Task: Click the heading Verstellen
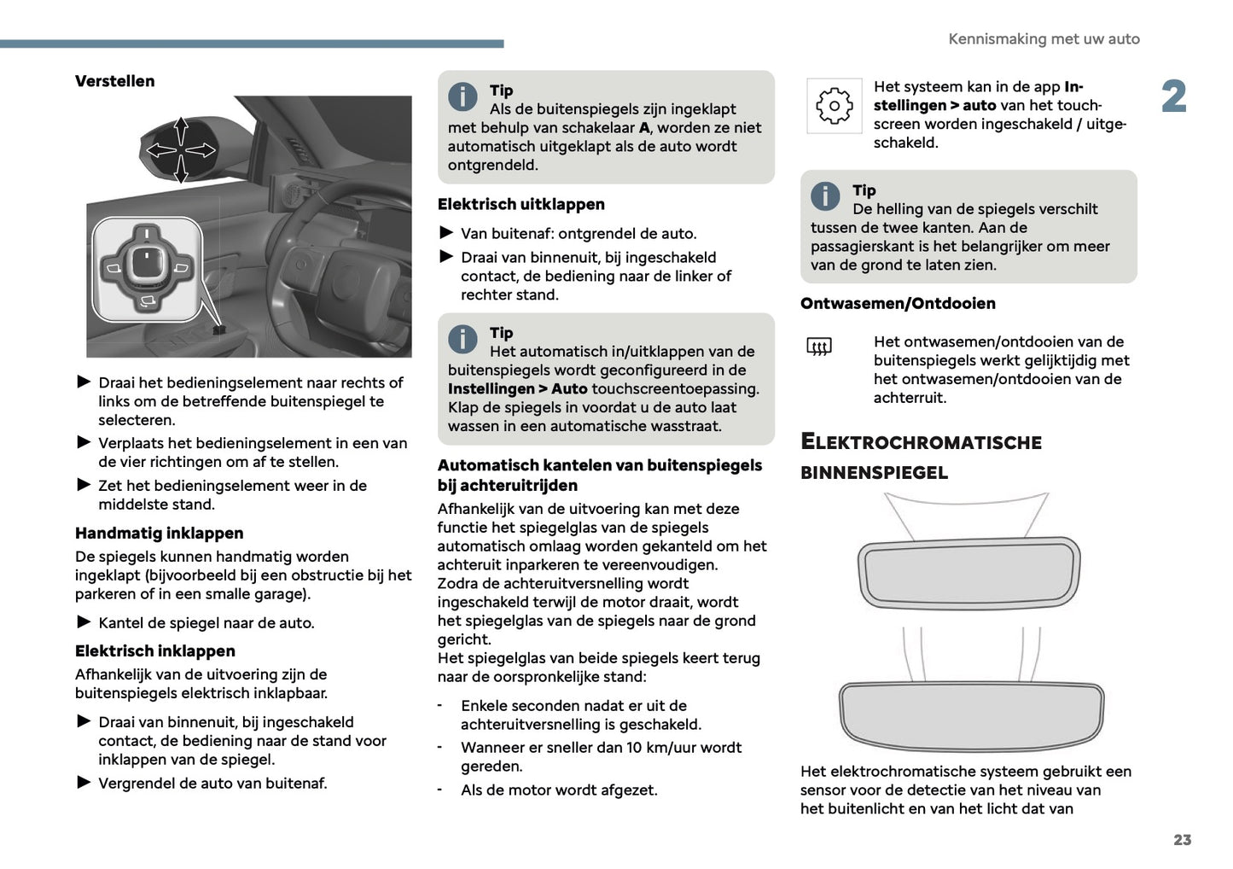(x=114, y=81)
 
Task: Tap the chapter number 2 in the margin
(x=1173, y=96)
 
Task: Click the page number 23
(x=1182, y=840)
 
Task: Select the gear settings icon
(x=834, y=106)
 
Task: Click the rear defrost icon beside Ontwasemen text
(x=818, y=347)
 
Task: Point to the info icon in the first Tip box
(x=462, y=96)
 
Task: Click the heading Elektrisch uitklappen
(x=521, y=204)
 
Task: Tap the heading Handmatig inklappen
(x=159, y=533)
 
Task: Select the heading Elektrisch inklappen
(x=154, y=650)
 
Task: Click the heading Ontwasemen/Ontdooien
(x=898, y=303)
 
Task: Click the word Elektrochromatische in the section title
(x=921, y=442)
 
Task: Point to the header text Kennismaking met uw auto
(x=1043, y=39)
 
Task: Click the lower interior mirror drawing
(x=971, y=714)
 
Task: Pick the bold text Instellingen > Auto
(x=517, y=389)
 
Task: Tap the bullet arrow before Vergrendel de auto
(x=84, y=782)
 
